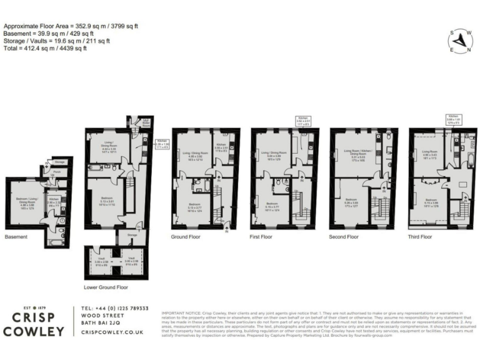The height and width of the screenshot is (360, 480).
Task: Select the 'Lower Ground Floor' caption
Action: [x=105, y=288]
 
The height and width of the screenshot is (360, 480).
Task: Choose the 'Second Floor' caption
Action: [x=344, y=237]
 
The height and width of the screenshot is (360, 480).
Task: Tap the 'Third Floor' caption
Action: [x=419, y=237]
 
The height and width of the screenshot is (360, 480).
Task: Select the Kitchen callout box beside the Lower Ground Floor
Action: [x=162, y=144]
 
